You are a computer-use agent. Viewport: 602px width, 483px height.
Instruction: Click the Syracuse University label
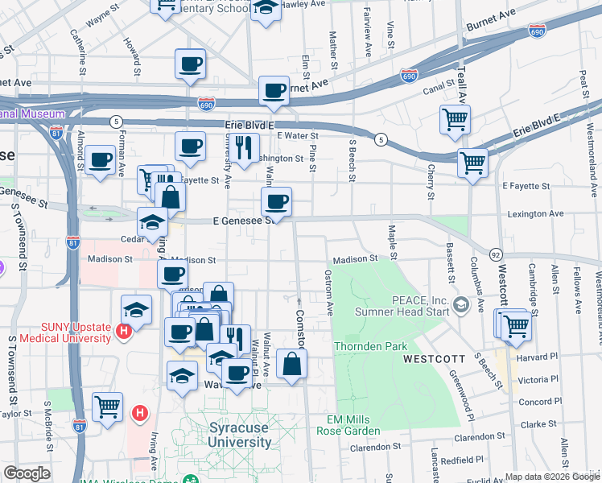[x=240, y=435]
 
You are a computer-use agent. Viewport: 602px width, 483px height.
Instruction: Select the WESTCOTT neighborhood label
[x=431, y=357]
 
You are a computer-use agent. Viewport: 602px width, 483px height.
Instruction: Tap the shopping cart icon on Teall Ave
[x=456, y=120]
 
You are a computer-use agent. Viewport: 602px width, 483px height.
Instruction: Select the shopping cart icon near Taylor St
[x=107, y=406]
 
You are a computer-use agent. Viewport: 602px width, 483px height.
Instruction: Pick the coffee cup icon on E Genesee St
[x=276, y=201]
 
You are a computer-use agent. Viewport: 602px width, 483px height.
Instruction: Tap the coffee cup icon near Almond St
[x=101, y=159]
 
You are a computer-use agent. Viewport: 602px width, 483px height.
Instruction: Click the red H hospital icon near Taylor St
[x=139, y=414]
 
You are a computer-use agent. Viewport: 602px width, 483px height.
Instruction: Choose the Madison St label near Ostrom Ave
[x=355, y=258]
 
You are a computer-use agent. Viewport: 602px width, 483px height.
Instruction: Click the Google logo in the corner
[x=27, y=473]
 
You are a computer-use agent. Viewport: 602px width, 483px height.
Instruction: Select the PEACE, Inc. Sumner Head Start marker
[x=461, y=305]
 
